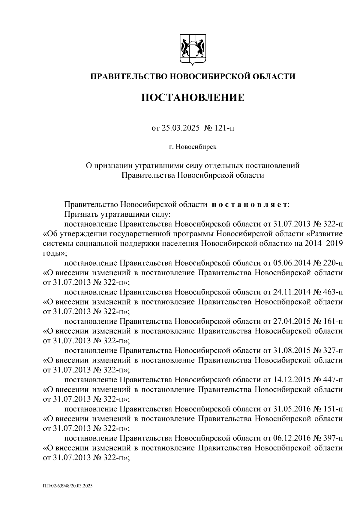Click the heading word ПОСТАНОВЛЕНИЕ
193,98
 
